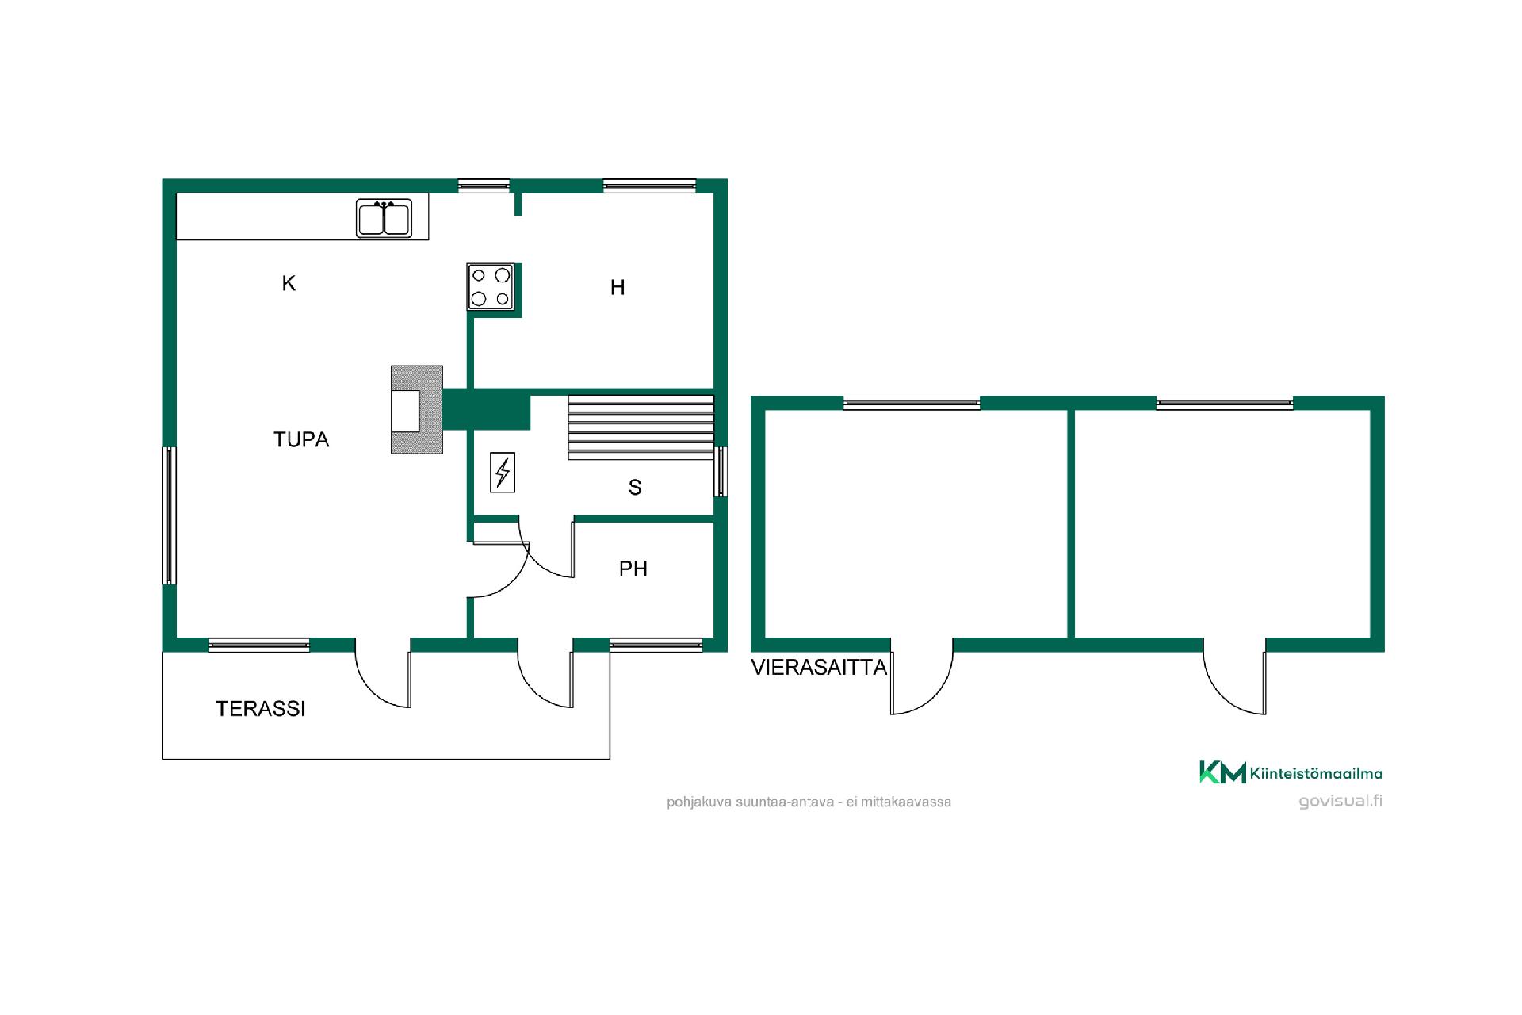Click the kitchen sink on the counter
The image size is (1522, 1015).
pos(384,218)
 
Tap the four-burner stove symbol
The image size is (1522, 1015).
pos(491,286)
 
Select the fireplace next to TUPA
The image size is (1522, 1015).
pos(417,409)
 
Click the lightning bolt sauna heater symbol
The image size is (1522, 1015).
pos(503,473)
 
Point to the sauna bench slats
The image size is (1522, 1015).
pos(641,427)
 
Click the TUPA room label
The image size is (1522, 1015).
pos(301,439)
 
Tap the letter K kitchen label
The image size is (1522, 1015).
pos(289,283)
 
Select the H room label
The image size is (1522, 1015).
pos(618,287)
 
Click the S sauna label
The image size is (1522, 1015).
pos(635,488)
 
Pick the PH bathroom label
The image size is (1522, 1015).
pos(633,569)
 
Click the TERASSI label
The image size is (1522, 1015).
pos(261,709)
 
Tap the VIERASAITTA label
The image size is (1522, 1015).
pos(819,668)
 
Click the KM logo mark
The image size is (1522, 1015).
pos(1222,772)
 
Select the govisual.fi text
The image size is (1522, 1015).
pos(1340,801)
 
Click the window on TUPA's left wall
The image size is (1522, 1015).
pos(169,515)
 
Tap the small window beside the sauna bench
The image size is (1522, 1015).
pos(721,472)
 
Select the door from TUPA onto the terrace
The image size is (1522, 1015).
pos(383,672)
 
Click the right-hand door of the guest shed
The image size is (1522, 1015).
pos(1234,676)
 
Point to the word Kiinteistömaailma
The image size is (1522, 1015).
pos(1316,773)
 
